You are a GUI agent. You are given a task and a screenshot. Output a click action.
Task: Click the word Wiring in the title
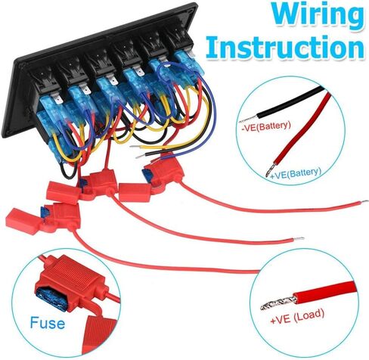click(318, 16)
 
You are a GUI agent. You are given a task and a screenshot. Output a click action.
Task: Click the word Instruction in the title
click(285, 47)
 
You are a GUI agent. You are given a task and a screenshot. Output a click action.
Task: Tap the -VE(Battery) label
click(266, 126)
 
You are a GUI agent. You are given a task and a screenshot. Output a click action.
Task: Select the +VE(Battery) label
click(296, 174)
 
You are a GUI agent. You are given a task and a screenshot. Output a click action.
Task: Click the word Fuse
click(48, 323)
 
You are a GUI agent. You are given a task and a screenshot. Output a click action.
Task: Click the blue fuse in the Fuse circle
click(51, 299)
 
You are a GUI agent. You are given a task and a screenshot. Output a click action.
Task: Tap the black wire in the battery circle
click(290, 102)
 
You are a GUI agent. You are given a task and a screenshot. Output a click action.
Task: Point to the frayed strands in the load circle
click(278, 301)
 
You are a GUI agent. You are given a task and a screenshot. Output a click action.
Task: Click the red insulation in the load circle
click(326, 290)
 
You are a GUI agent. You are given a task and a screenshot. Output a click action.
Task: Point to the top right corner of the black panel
click(194, 4)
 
